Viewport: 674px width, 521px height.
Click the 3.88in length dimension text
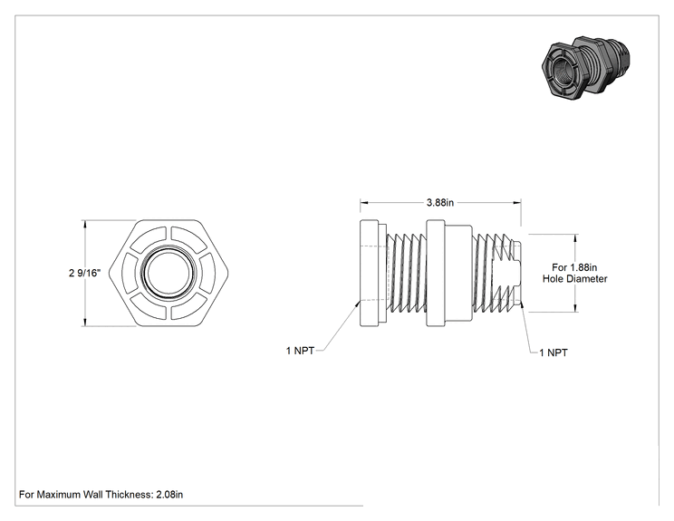439,202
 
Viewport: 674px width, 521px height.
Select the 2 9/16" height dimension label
84,273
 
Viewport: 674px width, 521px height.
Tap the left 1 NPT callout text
300,351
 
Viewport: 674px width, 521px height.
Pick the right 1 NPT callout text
554,353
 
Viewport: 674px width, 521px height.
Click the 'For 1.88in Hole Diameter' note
574,273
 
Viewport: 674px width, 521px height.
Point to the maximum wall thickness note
101,495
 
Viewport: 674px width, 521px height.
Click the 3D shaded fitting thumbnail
587,67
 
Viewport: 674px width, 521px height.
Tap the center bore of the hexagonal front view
168,273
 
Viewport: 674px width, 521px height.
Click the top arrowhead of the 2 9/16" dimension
84,225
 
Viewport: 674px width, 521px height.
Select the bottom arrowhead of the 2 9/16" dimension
84,322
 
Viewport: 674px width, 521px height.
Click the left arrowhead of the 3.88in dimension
364,202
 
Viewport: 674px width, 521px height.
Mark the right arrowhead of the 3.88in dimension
516,202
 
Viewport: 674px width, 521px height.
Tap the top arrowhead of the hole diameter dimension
575,238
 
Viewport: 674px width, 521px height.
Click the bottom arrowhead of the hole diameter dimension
575,308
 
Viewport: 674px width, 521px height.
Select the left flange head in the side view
370,273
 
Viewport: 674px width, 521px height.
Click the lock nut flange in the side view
435,273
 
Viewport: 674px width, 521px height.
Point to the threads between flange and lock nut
406,273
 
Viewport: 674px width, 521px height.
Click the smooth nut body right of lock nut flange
458,273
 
